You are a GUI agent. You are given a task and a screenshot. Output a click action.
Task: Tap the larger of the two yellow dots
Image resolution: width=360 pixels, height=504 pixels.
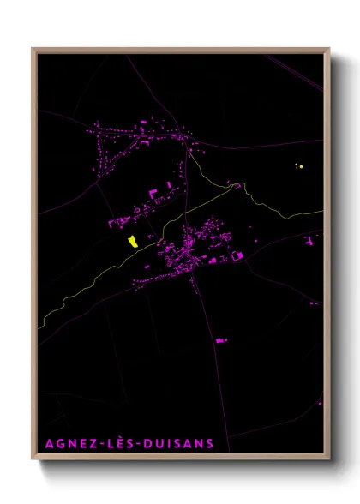pyautogui.click(x=301, y=165)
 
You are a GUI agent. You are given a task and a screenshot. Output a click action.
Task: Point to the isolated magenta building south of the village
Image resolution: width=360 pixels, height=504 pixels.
pyautogui.click(x=220, y=340)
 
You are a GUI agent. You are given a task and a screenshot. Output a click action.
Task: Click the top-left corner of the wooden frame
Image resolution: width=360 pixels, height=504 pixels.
pyautogui.click(x=33, y=49)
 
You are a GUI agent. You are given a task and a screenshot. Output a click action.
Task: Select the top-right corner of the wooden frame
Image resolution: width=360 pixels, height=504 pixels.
pyautogui.click(x=329, y=49)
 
